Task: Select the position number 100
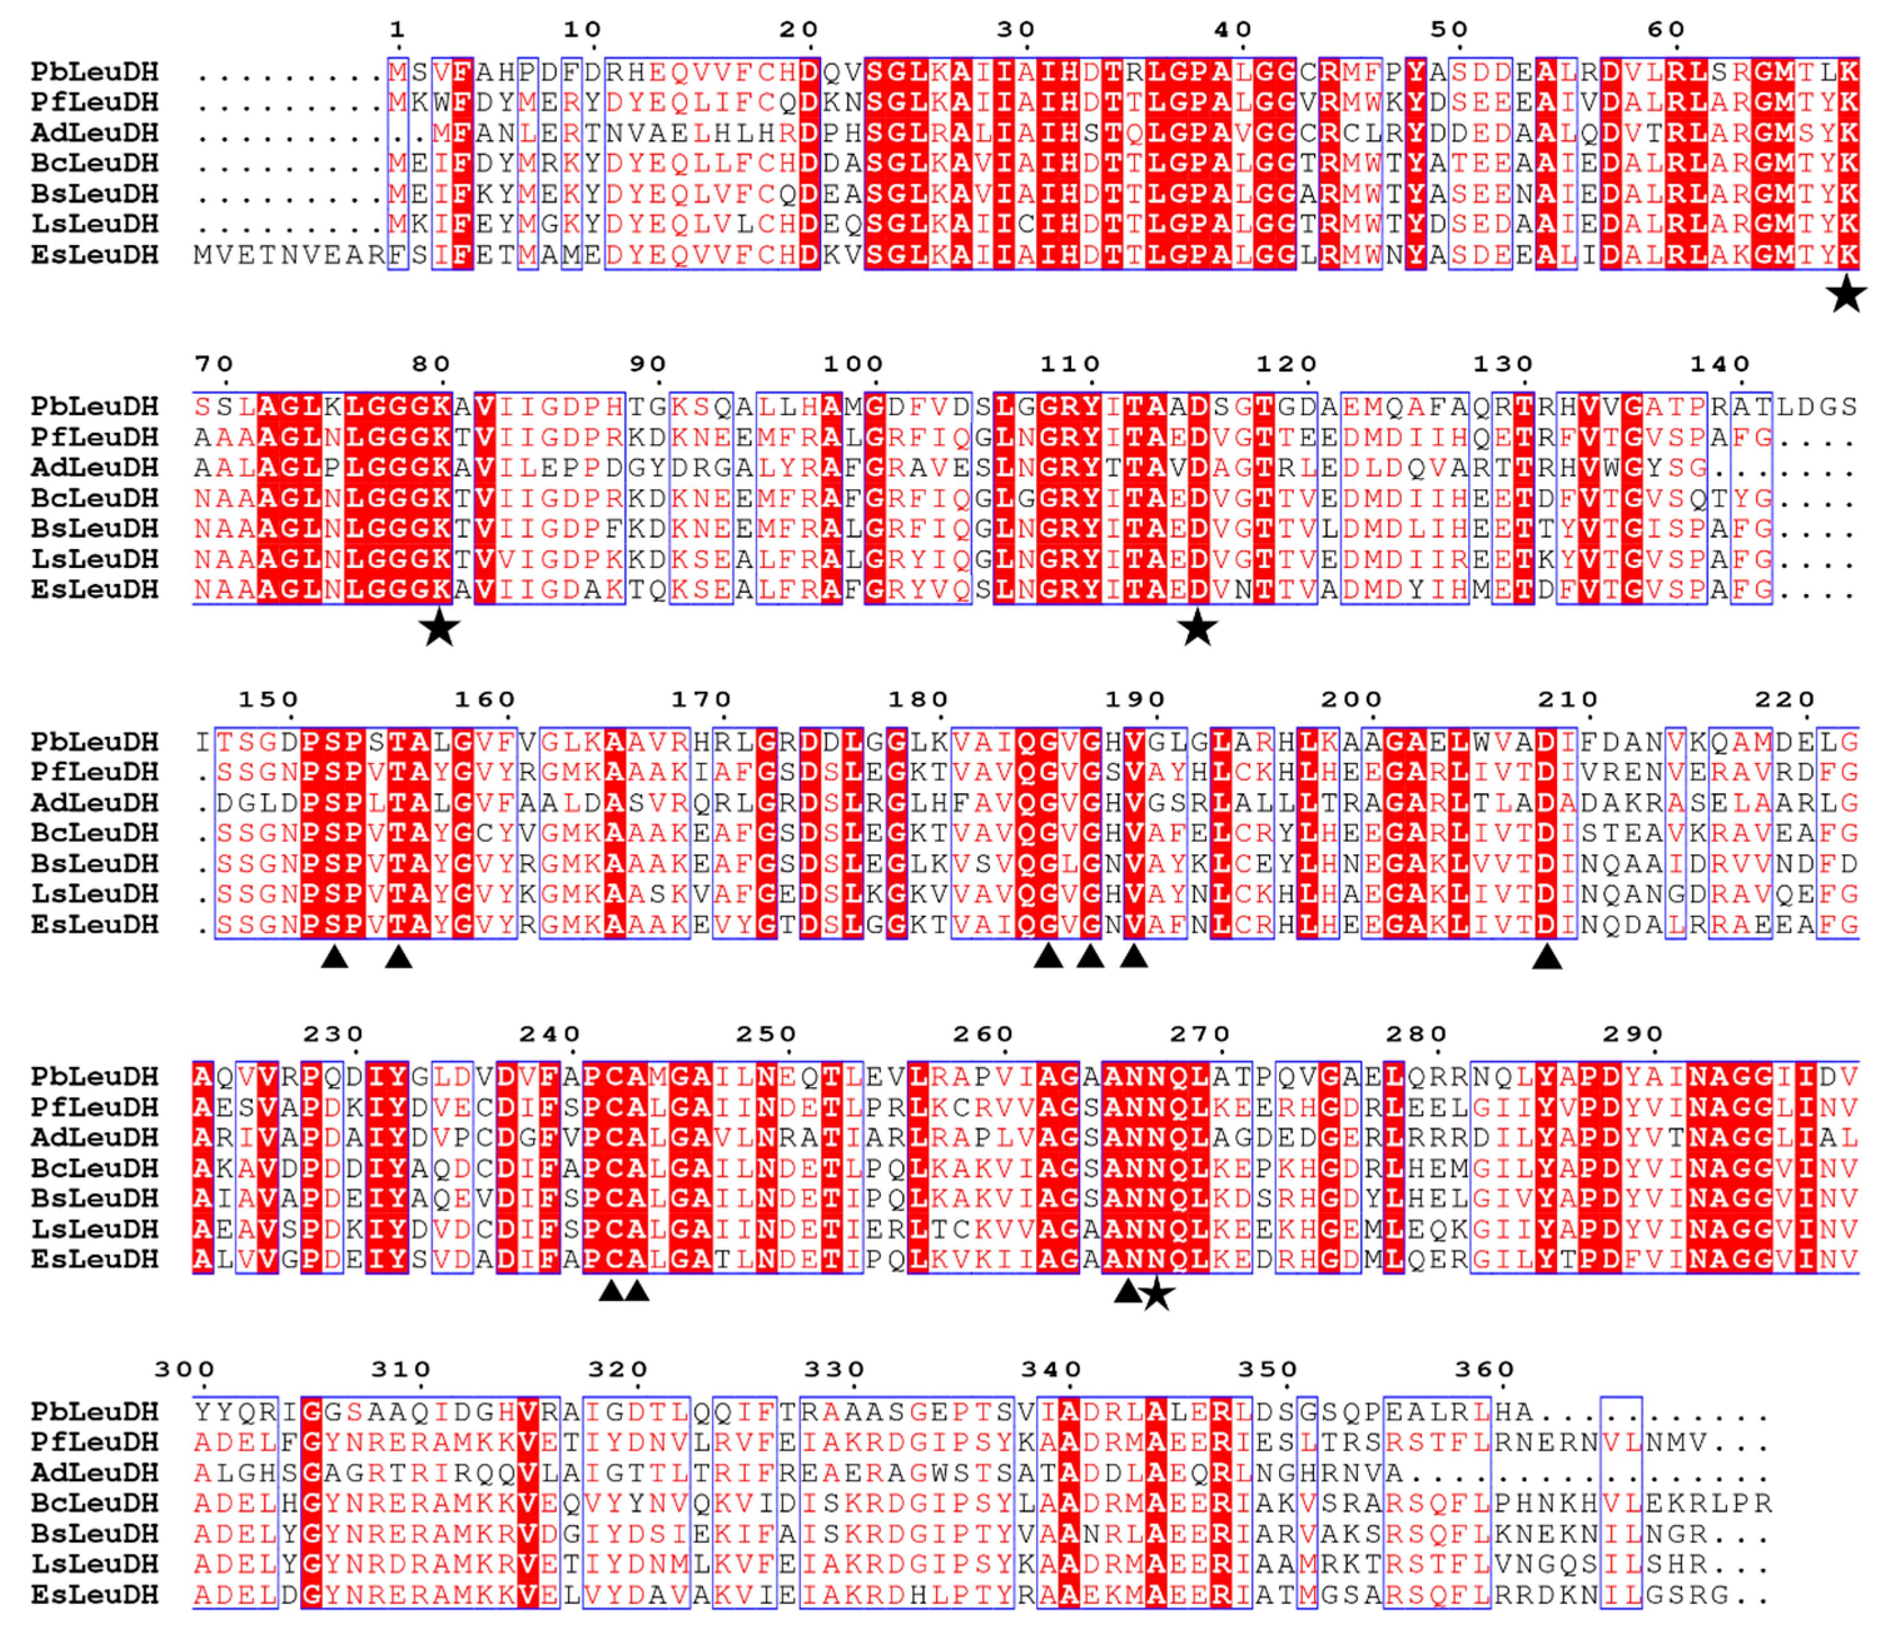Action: tap(854, 365)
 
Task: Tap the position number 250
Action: tap(767, 1034)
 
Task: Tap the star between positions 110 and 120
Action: tap(1197, 629)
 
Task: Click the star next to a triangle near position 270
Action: tap(1157, 1294)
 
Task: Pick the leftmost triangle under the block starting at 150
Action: tap(335, 957)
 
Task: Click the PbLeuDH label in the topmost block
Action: tap(95, 72)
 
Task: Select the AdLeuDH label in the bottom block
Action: tap(95, 1473)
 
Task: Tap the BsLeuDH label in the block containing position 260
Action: tap(95, 1198)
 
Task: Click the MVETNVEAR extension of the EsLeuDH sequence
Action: tap(289, 255)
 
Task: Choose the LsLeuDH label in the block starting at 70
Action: tap(95, 560)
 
